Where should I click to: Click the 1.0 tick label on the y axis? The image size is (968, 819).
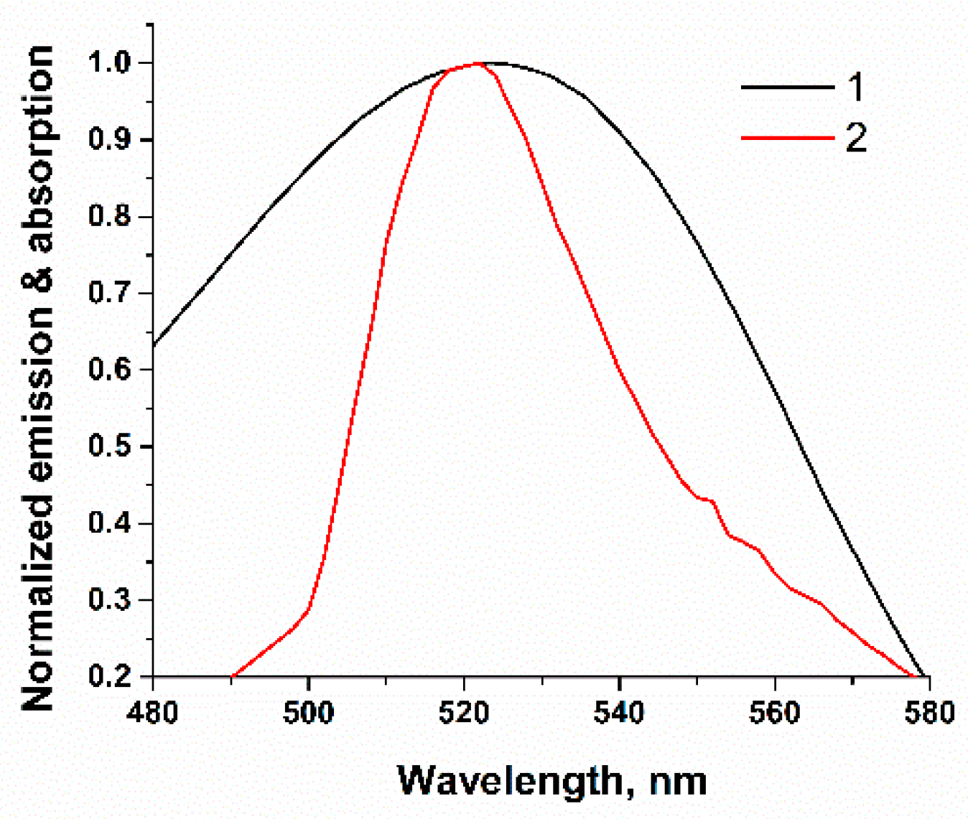[x=111, y=63]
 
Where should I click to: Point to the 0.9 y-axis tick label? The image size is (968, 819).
[x=111, y=139]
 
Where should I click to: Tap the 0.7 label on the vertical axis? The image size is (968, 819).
[x=111, y=293]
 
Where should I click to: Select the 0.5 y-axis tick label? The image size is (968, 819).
[x=111, y=446]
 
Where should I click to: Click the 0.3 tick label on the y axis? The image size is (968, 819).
[x=111, y=600]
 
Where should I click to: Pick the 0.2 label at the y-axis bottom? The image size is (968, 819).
[x=111, y=676]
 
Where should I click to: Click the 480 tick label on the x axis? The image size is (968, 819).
[x=153, y=712]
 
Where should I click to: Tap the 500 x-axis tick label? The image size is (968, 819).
[x=308, y=712]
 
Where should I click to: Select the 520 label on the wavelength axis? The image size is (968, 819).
[x=464, y=712]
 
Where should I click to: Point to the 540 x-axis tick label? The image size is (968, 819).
[x=619, y=712]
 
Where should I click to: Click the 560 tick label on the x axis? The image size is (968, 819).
[x=775, y=712]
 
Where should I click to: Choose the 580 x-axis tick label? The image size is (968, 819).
[x=929, y=712]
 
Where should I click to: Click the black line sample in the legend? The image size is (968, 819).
[x=787, y=88]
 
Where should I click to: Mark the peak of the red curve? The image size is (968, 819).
[x=476, y=64]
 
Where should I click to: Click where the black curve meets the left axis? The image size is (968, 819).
[x=154, y=345]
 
